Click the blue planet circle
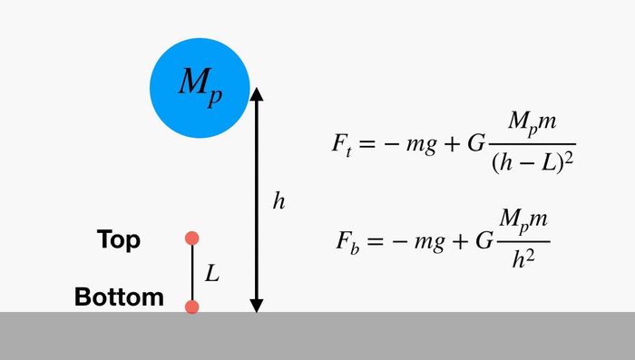pos(200,88)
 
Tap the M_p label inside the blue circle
pos(200,87)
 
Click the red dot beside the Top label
pos(192,238)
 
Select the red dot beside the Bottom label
pos(192,306)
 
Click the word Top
pos(119,239)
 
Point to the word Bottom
pos(119,297)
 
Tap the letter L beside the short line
pos(211,273)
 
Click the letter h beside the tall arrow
pos(279,200)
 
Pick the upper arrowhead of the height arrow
pos(257,94)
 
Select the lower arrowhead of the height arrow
pos(257,306)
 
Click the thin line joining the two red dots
pos(192,273)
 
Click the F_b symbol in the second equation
pos(347,242)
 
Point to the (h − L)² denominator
pos(532,162)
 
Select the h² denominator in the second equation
pos(523,258)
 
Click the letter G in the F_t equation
pos(476,143)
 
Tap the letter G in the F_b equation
pos(484,240)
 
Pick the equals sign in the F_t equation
pos(366,144)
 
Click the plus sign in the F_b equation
pos(461,241)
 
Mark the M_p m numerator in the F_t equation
pos(532,122)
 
